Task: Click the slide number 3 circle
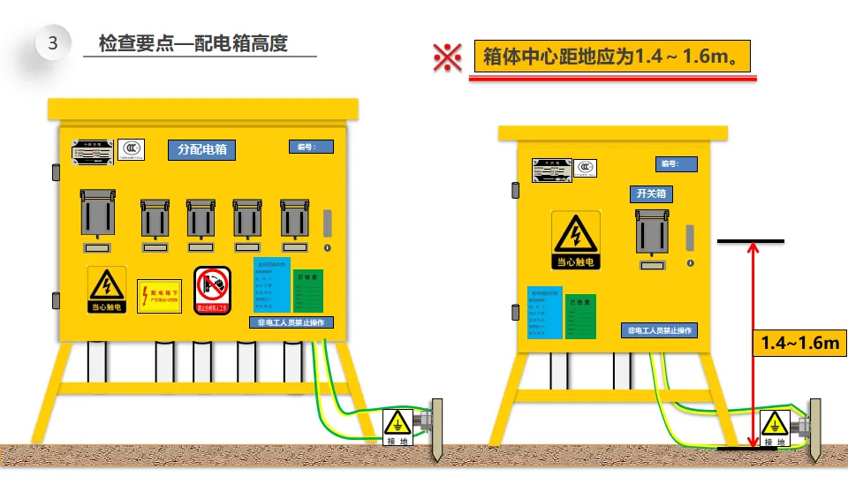52,43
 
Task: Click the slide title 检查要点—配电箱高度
193,43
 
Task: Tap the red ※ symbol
447,57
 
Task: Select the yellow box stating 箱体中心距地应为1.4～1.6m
612,57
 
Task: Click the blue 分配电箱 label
202,149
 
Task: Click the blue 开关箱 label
651,193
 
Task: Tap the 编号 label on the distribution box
310,147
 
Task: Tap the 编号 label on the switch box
676,164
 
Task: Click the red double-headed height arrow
752,344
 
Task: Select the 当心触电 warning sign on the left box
107,289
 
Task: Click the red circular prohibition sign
212,291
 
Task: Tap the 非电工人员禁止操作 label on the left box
291,322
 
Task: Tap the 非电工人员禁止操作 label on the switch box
658,330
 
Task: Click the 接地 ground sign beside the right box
775,428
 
